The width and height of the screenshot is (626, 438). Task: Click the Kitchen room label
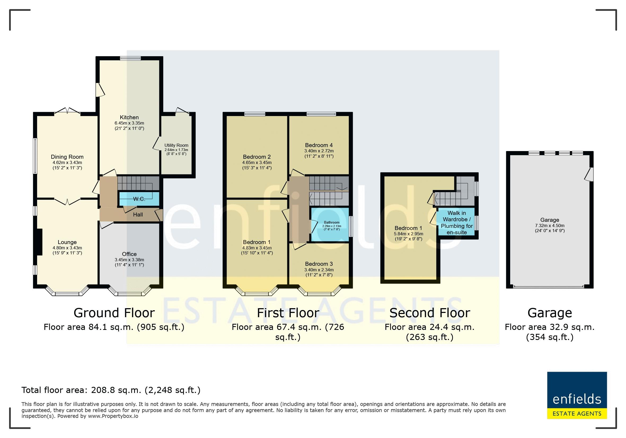click(129, 117)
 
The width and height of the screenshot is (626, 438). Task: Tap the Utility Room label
click(176, 145)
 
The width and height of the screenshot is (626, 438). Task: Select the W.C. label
click(139, 199)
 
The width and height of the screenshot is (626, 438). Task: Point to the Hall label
click(138, 215)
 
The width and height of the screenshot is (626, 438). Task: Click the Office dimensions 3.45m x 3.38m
click(129, 260)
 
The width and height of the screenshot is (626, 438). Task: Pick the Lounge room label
click(67, 242)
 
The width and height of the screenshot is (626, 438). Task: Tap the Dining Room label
click(67, 157)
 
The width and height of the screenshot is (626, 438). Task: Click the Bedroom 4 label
click(319, 145)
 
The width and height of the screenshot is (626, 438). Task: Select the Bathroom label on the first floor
click(332, 222)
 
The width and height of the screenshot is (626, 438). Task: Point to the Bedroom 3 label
click(319, 264)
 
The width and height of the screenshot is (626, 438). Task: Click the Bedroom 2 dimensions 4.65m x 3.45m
click(257, 162)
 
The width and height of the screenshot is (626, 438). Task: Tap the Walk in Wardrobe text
click(457, 216)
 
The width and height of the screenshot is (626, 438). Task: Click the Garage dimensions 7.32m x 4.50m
click(549, 226)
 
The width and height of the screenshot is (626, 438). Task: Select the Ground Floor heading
click(114, 313)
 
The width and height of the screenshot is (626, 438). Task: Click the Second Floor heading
click(430, 313)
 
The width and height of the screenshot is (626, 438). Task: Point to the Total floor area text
click(111, 390)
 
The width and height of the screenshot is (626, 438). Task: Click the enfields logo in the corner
click(577, 395)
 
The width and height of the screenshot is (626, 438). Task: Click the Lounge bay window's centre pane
click(67, 294)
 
